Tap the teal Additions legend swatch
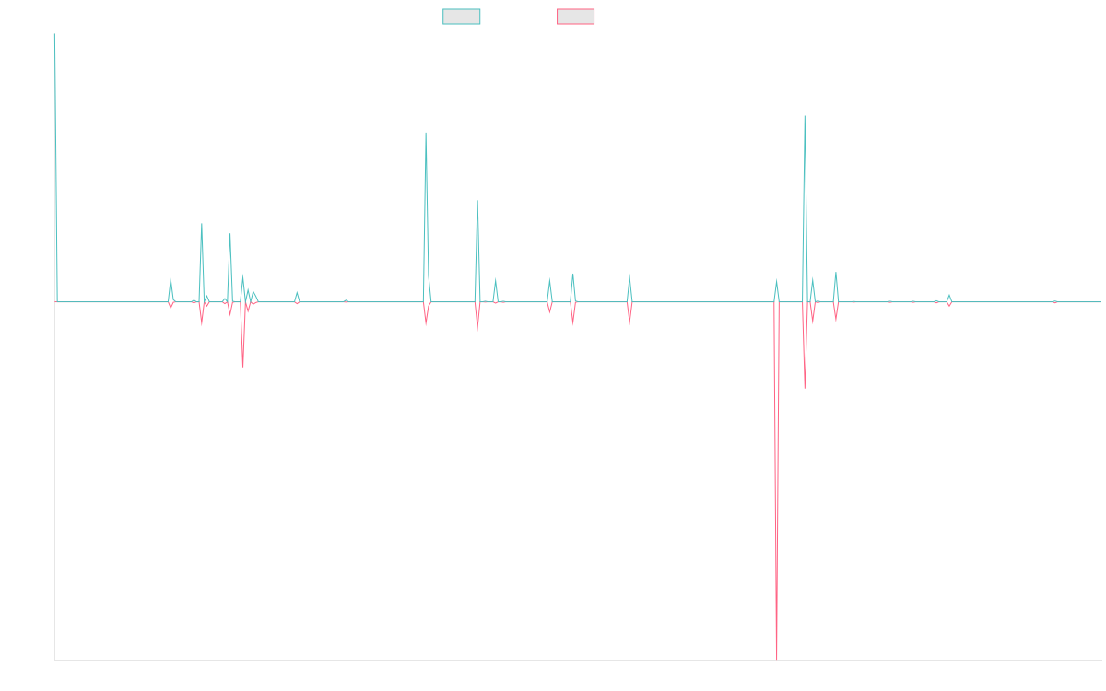click(x=462, y=17)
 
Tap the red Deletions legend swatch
click(x=576, y=17)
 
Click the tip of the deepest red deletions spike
click(x=778, y=658)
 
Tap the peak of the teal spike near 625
click(x=425, y=133)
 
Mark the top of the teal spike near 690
click(x=805, y=116)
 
